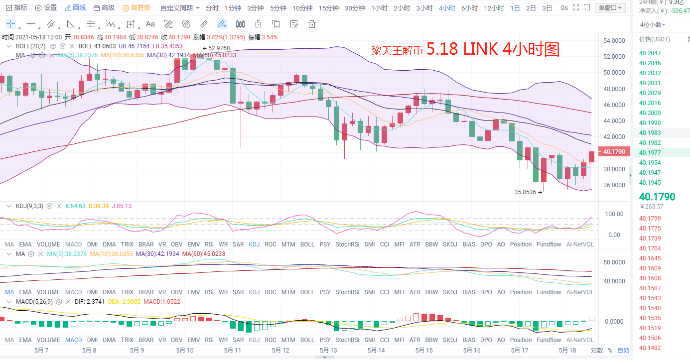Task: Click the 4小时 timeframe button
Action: (447, 8)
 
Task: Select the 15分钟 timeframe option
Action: (328, 8)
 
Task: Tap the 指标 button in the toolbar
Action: (16, 8)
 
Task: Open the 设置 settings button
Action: (46, 8)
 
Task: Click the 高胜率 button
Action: (137, 8)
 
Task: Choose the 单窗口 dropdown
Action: (609, 8)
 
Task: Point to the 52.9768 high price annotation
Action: (219, 48)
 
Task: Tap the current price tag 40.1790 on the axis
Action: (613, 152)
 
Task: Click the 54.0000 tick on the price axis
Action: (613, 41)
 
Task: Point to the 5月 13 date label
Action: (328, 350)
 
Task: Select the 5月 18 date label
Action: (567, 350)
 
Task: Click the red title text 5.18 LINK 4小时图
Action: (493, 49)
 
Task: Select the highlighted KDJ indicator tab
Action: (254, 244)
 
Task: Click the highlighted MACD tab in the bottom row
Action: (73, 340)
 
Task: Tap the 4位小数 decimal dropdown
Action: (653, 24)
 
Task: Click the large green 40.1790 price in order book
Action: (657, 197)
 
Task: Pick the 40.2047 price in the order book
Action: (651, 53)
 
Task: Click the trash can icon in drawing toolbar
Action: (312, 24)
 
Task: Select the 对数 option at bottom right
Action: (597, 350)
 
